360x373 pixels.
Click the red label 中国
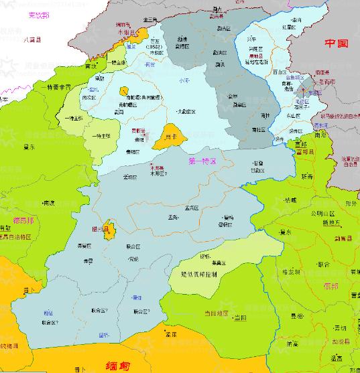click(x=337, y=44)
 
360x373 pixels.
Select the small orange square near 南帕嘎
click(x=124, y=89)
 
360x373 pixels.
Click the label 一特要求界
click(x=56, y=88)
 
